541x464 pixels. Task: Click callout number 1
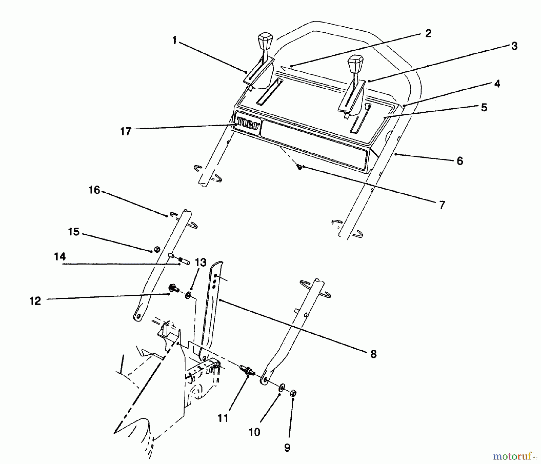[174, 40]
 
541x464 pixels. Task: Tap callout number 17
[126, 131]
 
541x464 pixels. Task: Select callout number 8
[373, 354]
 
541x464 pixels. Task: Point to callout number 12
[35, 301]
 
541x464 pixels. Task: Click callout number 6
[460, 161]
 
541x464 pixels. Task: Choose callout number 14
[60, 257]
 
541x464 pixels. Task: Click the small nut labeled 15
[157, 249]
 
